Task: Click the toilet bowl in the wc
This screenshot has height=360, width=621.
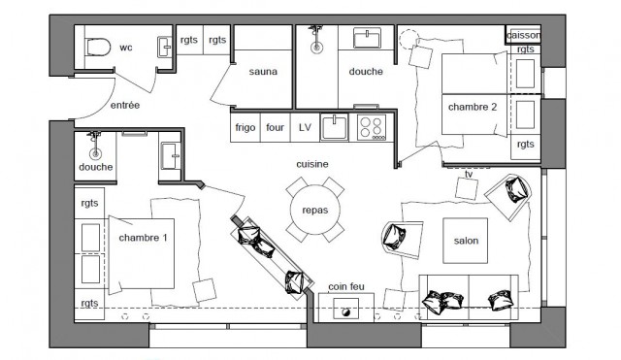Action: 97,48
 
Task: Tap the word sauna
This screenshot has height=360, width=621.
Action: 263,72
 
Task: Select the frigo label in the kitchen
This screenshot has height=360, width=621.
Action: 245,127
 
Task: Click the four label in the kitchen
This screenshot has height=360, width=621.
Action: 275,127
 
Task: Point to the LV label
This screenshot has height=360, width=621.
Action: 305,127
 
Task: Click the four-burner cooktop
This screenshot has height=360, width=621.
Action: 372,127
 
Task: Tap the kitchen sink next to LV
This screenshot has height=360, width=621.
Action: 334,127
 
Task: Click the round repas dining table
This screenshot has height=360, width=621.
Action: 314,210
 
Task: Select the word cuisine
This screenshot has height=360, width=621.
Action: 312,164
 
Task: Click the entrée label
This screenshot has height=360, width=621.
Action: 125,106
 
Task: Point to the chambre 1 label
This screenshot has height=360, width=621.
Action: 143,238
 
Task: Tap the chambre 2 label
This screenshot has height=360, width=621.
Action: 473,107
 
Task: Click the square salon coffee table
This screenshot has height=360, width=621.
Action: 466,241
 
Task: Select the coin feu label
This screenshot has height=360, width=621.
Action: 346,286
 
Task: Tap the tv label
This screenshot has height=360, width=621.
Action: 469,175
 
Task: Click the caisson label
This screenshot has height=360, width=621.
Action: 523,35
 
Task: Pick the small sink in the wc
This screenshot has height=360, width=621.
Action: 165,48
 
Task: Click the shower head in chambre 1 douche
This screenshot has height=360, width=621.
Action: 95,153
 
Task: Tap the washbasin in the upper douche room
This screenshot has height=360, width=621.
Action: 367,38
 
